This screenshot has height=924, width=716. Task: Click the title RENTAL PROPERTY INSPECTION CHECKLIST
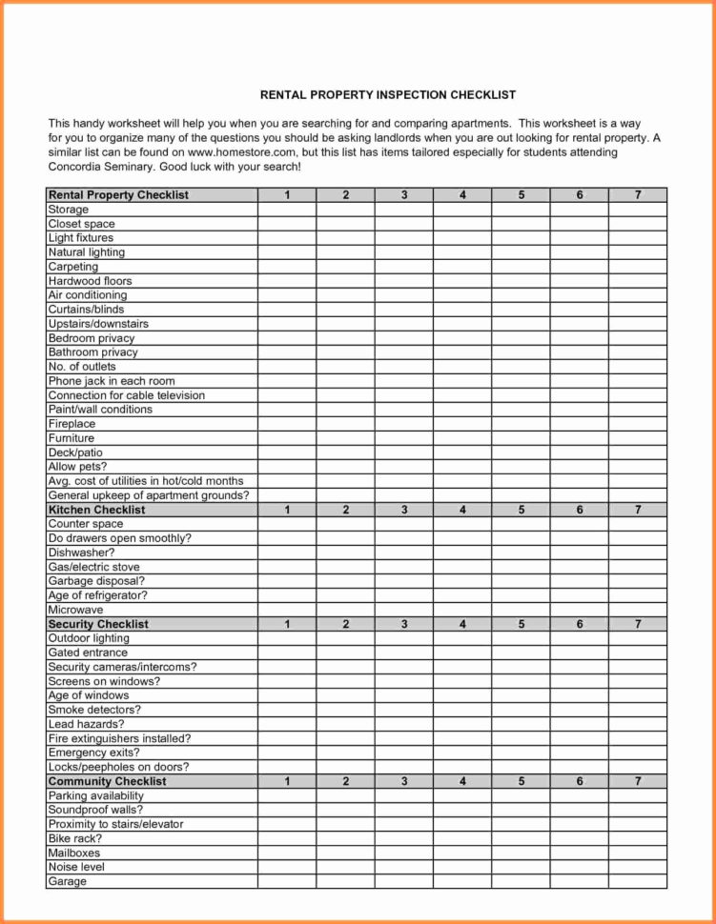388,95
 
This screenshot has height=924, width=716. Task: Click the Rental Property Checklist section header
118,195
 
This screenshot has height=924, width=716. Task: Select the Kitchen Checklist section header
96,510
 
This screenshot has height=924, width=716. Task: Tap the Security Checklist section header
98,624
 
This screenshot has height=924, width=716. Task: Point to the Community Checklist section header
107,781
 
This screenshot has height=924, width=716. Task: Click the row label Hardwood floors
90,281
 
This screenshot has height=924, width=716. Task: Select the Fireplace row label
72,424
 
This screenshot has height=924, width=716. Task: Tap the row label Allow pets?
77,467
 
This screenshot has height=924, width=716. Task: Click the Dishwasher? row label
81,552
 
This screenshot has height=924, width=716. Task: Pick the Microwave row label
75,610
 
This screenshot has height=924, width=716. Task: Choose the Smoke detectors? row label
94,710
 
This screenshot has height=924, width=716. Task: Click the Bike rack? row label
74,838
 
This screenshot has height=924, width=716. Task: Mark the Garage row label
67,881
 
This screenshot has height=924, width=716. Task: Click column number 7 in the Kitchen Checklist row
638,510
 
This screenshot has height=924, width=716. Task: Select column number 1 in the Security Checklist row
287,624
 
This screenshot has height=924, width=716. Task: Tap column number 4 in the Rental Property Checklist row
462,195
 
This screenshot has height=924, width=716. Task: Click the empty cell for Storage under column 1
287,210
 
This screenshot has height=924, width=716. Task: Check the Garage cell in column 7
638,881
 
